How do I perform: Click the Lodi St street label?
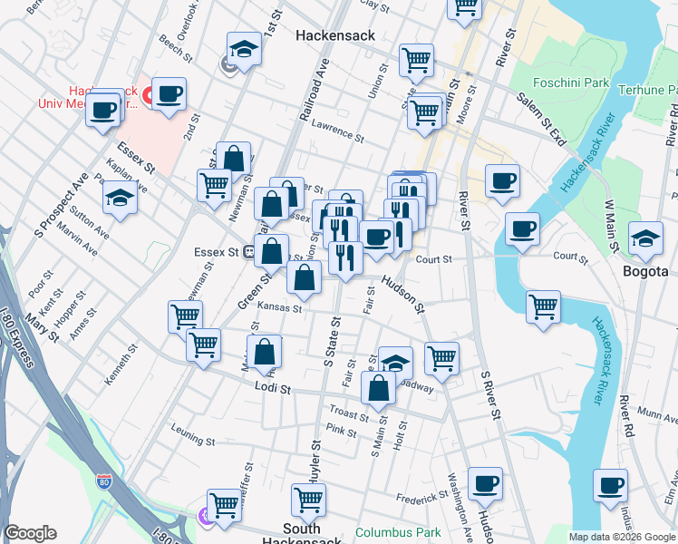coord(272,388)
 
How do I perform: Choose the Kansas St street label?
coord(278,308)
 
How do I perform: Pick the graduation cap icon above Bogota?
coord(644,238)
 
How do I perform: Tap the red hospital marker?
coord(150,95)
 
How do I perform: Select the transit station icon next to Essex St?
coord(248,253)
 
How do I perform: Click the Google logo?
coord(30,533)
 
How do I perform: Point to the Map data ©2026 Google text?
coord(621,537)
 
